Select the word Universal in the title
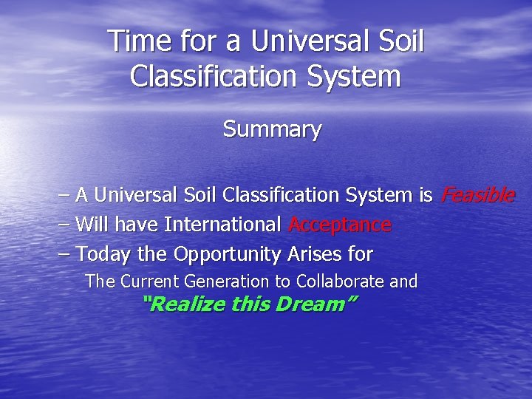point(313,41)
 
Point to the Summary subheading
point(273,129)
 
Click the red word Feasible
point(477,195)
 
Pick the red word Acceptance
point(340,225)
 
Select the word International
point(222,225)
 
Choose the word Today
point(104,254)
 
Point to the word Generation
point(229,282)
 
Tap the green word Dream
point(312,304)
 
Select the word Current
point(152,282)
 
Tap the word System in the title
point(360,76)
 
